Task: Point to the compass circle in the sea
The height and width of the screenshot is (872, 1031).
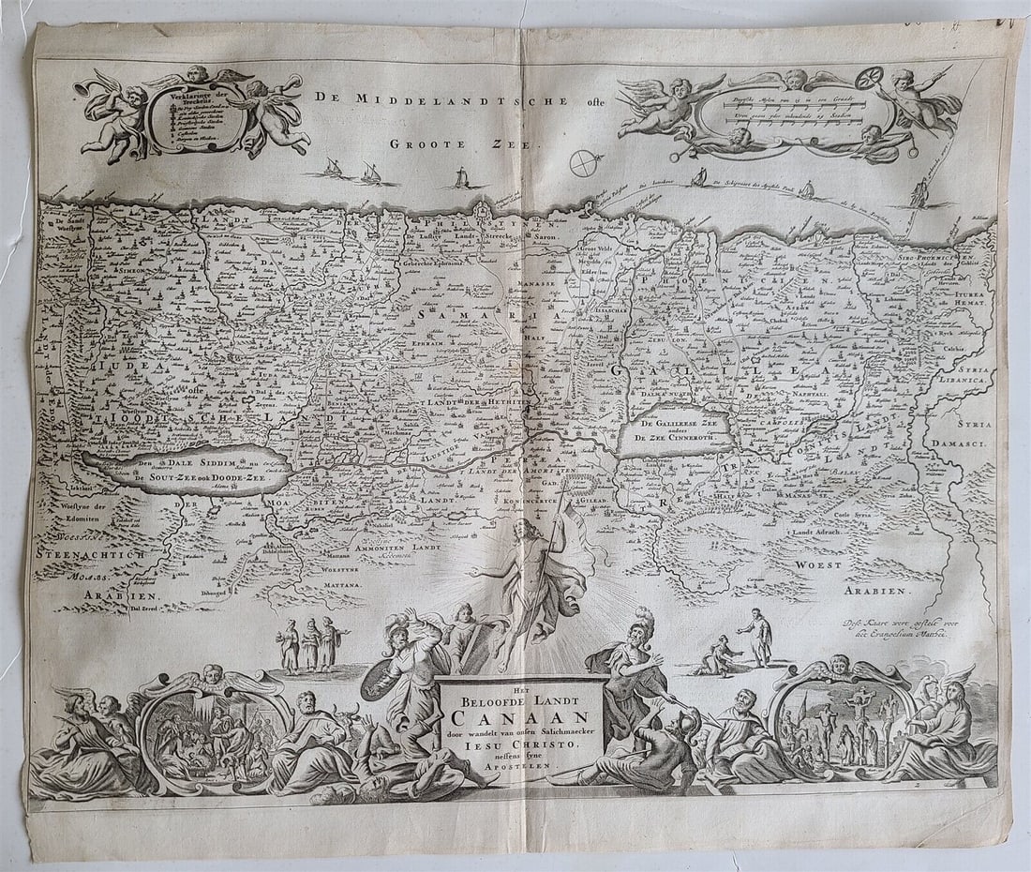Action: click(587, 163)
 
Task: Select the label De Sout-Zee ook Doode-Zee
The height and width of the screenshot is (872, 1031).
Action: click(199, 478)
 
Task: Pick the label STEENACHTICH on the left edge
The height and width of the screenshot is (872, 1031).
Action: click(92, 554)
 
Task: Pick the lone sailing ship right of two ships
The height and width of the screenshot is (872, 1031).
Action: click(460, 177)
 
